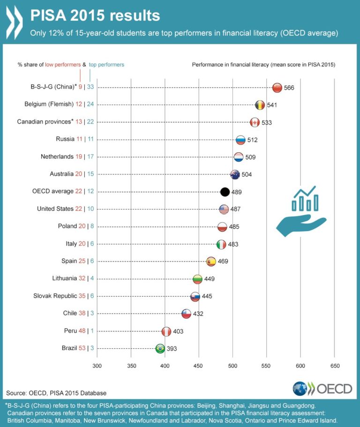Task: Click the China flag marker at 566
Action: tap(277, 88)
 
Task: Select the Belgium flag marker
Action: tap(260, 105)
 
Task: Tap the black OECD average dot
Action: tap(225, 192)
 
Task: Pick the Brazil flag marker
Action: tap(160, 348)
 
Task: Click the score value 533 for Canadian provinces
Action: tap(266, 122)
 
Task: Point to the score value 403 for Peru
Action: tap(178, 331)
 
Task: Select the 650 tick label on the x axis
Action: tap(334, 365)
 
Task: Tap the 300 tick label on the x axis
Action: tap(97, 365)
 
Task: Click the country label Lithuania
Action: tap(65, 278)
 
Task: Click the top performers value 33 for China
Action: tap(90, 87)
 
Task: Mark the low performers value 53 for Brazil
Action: tap(81, 348)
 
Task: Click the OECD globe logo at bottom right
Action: tap(300, 388)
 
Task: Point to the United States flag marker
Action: tap(224, 209)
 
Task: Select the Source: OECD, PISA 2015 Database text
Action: tap(56, 393)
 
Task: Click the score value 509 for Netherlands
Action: tap(250, 157)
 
